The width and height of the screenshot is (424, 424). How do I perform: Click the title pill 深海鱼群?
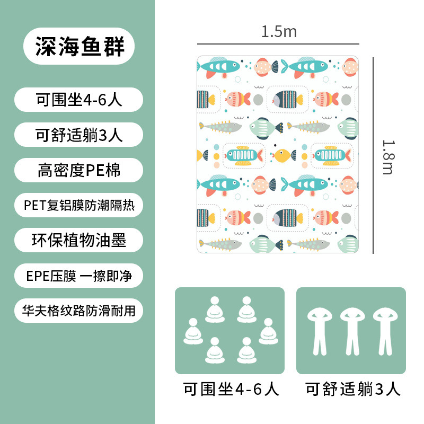pyautogui.click(x=79, y=46)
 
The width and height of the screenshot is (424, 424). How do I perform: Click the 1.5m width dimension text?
pyautogui.click(x=279, y=32)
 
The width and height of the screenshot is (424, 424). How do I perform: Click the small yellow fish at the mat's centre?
pyautogui.click(x=284, y=155)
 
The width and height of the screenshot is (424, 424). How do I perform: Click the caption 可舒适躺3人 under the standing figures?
pyautogui.click(x=352, y=390)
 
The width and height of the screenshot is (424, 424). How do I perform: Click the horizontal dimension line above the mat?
pyautogui.click(x=278, y=44)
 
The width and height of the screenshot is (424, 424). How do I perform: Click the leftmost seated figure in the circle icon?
pyautogui.click(x=193, y=331)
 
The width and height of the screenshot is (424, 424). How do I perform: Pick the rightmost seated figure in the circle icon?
pyautogui.click(x=268, y=331)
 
